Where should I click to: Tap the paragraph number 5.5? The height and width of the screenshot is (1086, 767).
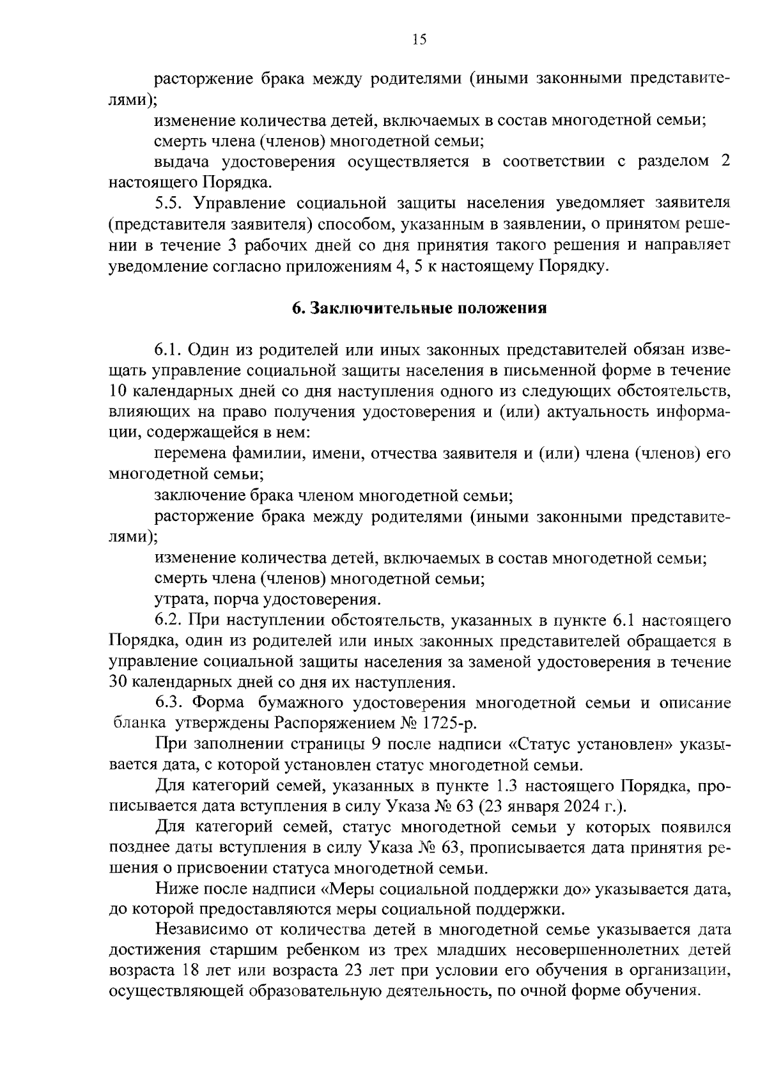[x=169, y=203]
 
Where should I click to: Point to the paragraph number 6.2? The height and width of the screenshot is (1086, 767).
[x=169, y=620]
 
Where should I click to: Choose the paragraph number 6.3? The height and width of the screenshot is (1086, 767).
[x=169, y=703]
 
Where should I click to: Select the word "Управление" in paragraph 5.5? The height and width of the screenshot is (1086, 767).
[x=240, y=203]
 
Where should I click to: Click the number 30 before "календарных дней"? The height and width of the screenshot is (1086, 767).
[x=119, y=682]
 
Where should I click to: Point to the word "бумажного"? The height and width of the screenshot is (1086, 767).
[x=303, y=703]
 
